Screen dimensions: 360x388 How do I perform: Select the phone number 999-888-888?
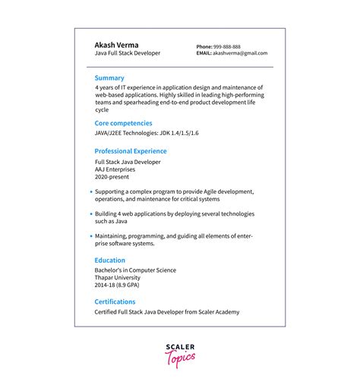(227, 46)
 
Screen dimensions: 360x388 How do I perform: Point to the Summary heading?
(109, 78)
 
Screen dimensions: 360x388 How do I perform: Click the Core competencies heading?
(123, 122)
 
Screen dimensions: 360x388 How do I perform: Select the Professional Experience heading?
(131, 151)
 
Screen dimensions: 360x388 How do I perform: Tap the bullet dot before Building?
(90, 215)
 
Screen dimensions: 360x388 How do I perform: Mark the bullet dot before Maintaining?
(90, 236)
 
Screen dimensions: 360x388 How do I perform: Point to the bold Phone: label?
(204, 46)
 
